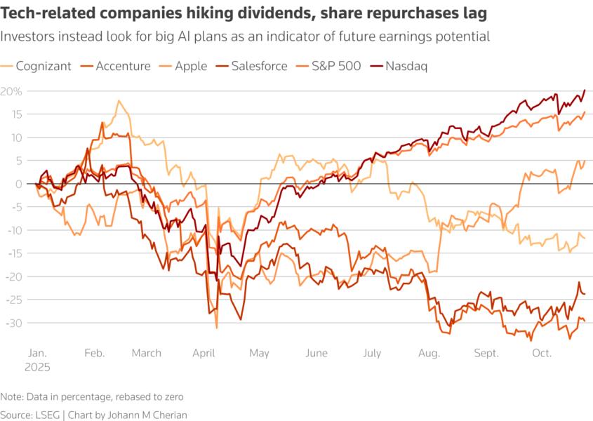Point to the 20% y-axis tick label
[12, 91]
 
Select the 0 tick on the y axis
[17, 184]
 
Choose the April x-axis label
[202, 353]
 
